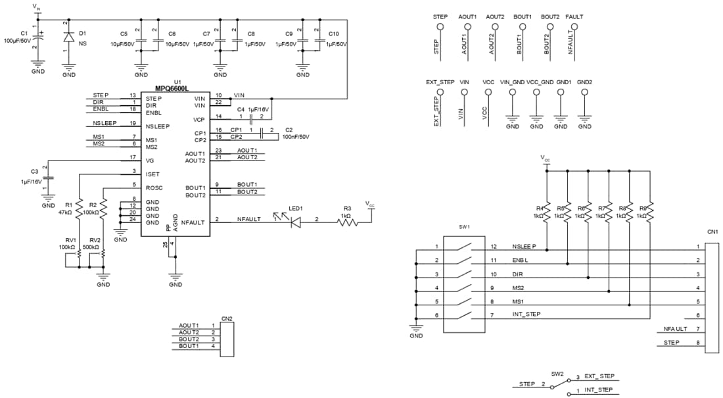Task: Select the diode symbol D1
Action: click(68, 37)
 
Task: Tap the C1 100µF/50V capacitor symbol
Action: click(38, 39)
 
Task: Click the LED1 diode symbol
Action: click(294, 222)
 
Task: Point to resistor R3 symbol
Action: click(348, 222)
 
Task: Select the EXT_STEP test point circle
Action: click(440, 93)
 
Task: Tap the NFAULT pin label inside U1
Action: click(195, 222)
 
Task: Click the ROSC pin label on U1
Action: click(154, 188)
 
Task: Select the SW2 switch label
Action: click(557, 374)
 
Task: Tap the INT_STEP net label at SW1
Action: click(526, 314)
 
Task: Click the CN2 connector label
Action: click(225, 318)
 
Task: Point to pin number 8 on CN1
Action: click(697, 343)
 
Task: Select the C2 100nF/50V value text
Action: click(295, 137)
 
